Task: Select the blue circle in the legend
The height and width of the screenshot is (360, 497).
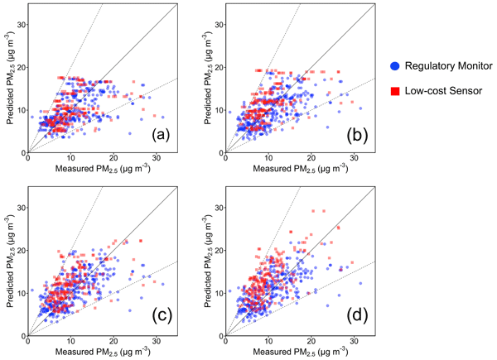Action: (394, 65)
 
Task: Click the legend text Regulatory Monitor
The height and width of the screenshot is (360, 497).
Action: (446, 65)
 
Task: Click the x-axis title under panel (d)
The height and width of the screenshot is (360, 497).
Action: (300, 353)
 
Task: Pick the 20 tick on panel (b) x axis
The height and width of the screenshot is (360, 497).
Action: (311, 159)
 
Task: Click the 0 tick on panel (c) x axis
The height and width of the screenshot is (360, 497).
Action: (28, 342)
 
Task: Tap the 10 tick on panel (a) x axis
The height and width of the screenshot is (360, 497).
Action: (71, 159)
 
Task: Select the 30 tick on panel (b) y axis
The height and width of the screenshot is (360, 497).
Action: (216, 24)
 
